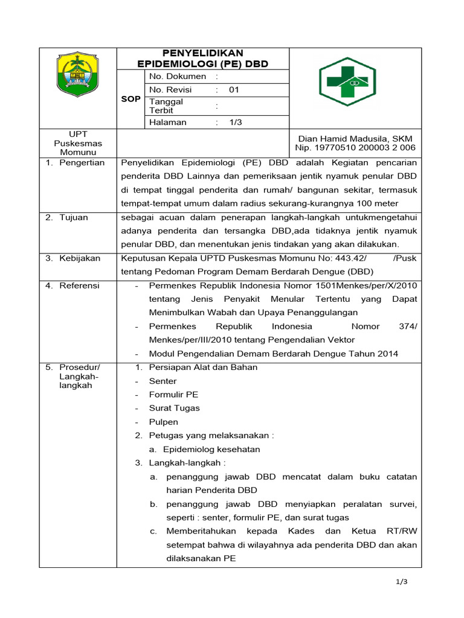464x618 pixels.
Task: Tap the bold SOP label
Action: tap(130, 99)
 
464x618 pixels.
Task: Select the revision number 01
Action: tap(234, 90)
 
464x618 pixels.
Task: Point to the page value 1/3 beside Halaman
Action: tap(235, 123)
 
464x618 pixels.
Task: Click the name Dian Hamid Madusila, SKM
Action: tap(355, 139)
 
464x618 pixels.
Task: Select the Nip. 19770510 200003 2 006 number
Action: tap(355, 148)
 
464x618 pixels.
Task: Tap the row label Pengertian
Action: tap(82, 163)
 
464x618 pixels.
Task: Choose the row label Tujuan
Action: tap(73, 217)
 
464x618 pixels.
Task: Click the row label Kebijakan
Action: tap(79, 258)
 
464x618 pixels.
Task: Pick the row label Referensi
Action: tap(79, 285)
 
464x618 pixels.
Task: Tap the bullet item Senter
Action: tap(163, 381)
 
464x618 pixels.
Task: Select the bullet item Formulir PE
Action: tap(173, 395)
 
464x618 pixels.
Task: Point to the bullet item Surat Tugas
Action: tap(174, 408)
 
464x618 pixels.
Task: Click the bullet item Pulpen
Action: tap(163, 422)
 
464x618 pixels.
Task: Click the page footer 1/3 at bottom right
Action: tap(402, 582)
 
